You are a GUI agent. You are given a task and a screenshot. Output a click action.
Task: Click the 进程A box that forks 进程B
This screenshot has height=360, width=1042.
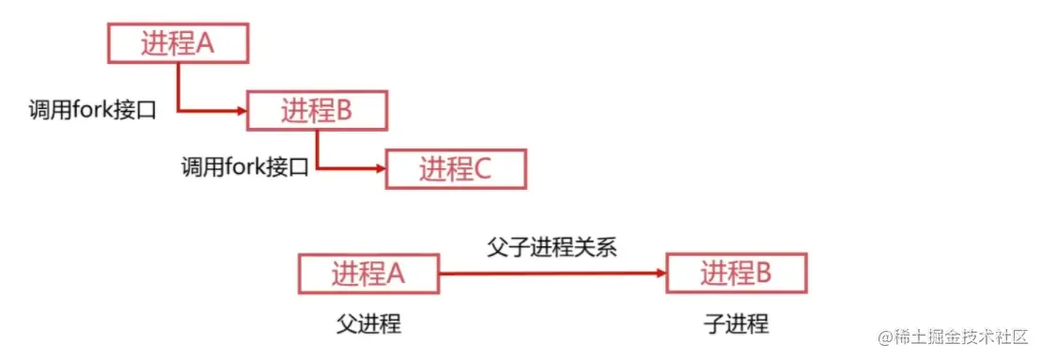pos(178,44)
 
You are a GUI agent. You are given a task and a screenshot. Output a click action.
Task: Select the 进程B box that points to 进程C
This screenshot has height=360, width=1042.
pos(317,111)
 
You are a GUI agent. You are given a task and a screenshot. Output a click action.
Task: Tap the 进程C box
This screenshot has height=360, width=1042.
pos(456,169)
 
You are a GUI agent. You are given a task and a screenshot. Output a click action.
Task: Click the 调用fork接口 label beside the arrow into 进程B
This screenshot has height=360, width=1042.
pos(91,111)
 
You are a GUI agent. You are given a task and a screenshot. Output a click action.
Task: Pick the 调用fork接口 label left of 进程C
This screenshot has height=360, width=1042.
pos(245,169)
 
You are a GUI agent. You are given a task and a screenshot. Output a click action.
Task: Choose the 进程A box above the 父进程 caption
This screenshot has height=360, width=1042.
pos(368,274)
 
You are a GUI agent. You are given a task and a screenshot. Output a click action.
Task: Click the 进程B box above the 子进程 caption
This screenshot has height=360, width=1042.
pos(737,274)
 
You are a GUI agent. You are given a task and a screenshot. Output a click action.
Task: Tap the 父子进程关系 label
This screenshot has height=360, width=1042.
pos(552,246)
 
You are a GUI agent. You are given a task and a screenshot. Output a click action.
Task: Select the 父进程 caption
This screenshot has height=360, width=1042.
pos(368,325)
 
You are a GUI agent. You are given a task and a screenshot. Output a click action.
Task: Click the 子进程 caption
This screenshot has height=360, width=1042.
pos(736,325)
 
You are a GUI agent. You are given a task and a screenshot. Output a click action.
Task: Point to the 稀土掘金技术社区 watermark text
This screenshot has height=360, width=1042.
pos(967,336)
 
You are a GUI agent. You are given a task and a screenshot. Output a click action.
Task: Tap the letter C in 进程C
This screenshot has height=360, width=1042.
pos(482,169)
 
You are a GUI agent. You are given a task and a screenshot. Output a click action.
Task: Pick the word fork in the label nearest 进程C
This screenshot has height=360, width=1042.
pos(245,169)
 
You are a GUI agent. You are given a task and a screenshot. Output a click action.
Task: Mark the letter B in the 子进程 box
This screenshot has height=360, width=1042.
pos(763,274)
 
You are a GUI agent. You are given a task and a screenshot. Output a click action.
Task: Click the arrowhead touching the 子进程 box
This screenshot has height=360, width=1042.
pos(661,274)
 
